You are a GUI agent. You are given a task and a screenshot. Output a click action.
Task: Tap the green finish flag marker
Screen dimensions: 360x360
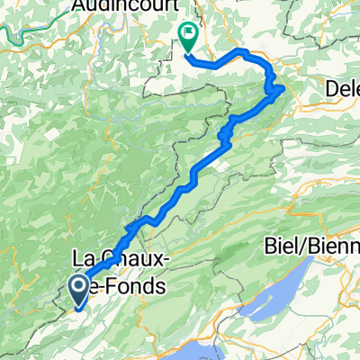(189, 35)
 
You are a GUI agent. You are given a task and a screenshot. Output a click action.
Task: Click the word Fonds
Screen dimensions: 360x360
(138, 286)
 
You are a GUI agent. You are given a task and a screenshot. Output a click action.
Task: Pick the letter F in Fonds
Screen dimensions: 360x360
(114, 286)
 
